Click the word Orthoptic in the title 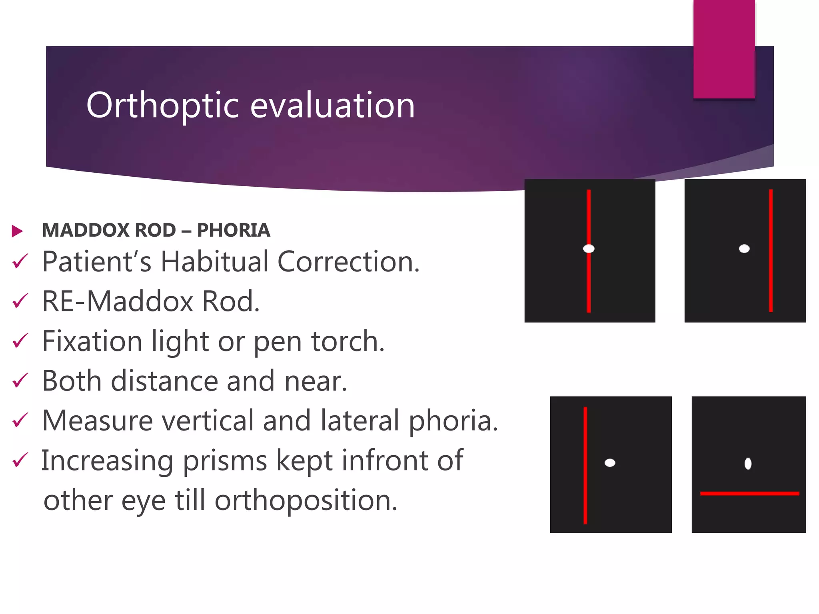pos(162,106)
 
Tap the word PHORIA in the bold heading pos(234,230)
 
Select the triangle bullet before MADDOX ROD pos(17,231)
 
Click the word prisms pos(225,460)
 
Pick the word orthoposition pos(306,500)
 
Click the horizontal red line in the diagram pos(749,494)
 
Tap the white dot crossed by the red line pos(589,249)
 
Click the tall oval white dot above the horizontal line pos(748,464)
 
